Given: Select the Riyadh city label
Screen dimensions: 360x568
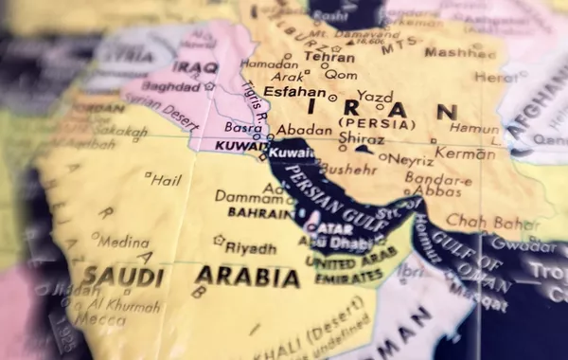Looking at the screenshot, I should tap(251, 248).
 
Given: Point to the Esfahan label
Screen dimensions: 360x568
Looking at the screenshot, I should tap(293, 93).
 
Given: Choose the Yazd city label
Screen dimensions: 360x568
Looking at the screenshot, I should tap(375, 97).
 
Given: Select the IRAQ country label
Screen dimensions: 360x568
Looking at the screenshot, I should tap(197, 67).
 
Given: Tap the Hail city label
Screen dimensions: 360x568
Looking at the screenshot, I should tap(166, 178).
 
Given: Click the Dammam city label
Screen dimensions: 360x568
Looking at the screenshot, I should tap(248, 196).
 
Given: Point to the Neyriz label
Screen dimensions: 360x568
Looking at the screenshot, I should tap(411, 160).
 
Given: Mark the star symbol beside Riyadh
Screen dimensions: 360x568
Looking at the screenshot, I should tap(220, 241).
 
